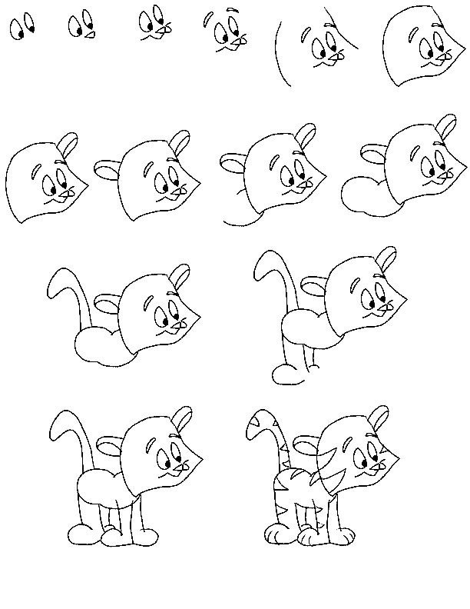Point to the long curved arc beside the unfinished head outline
(276, 55)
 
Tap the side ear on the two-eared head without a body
(107, 168)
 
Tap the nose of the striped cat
(377, 465)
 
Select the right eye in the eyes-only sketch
(31, 29)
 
